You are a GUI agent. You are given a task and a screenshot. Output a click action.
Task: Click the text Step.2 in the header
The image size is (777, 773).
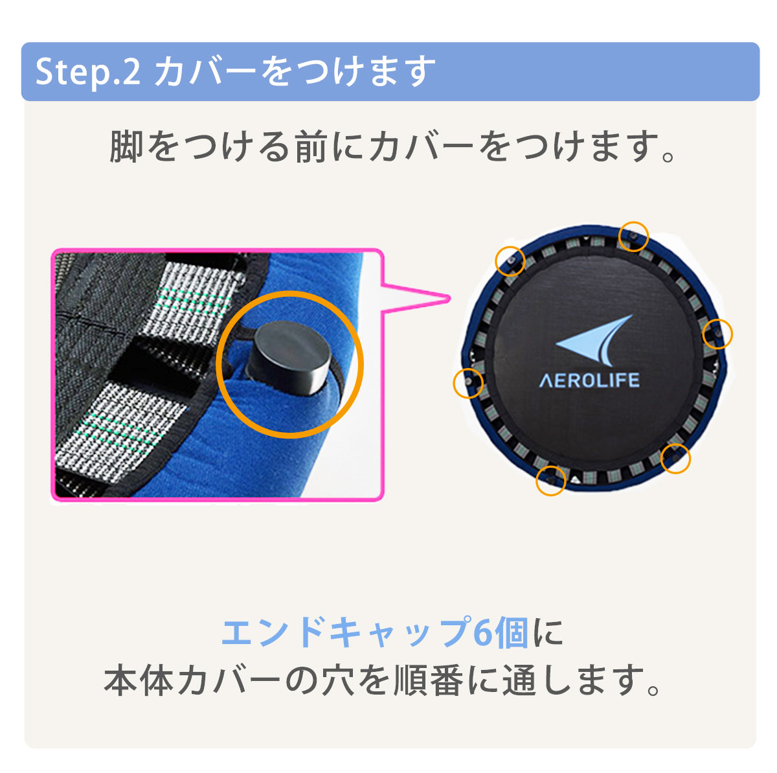88,72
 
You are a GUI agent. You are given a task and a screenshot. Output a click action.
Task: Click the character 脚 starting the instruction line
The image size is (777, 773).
126,147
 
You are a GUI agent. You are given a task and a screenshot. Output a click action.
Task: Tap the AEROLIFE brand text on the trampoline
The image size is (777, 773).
589,380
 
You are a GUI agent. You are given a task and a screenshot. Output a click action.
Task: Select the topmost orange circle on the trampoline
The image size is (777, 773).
633,237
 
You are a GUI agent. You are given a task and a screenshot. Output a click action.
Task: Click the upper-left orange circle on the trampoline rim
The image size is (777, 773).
510,260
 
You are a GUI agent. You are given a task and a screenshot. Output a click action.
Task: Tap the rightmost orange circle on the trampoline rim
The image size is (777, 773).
717,334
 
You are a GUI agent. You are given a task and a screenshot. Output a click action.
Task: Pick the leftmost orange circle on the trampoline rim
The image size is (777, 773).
467,382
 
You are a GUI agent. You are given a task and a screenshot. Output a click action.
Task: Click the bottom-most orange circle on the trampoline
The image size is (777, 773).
551,481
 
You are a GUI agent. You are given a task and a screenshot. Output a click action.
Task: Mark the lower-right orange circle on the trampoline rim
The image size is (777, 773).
675,459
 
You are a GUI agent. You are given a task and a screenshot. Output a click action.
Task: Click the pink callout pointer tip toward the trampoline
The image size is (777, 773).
448,298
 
